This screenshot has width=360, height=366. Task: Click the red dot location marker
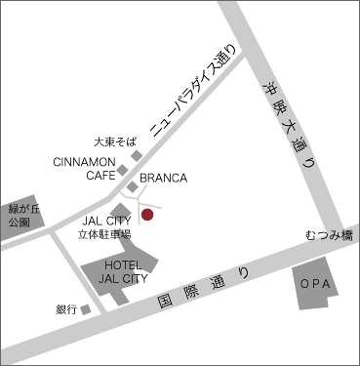(x=147, y=214)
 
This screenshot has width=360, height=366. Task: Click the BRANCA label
(x=163, y=180)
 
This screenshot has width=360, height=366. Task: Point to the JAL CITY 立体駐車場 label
(x=104, y=227)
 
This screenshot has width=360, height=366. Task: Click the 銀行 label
(x=66, y=309)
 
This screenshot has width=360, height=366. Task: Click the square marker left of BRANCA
(x=132, y=185)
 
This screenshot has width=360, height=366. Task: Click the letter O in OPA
(x=305, y=283)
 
